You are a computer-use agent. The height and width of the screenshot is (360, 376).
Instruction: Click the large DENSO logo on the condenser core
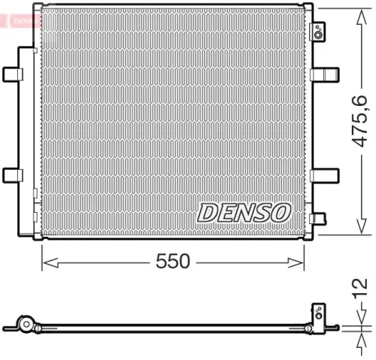pos(244,213)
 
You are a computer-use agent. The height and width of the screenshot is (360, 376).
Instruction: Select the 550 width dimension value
pos(172,261)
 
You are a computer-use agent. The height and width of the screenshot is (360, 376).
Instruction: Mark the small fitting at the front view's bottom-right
pos(318,219)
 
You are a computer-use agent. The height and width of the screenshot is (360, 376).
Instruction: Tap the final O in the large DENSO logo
pos(279,213)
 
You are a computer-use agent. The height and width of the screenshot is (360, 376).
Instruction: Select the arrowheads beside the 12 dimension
pos(353,325)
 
